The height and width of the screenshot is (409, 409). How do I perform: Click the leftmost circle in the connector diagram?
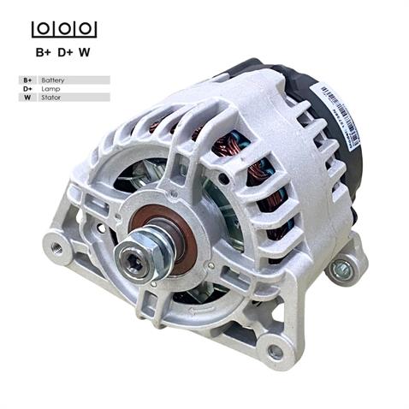[x=43, y=29]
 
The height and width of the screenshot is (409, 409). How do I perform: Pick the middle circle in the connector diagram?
[x=64, y=29]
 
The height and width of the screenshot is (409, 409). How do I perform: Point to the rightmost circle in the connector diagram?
[x=86, y=29]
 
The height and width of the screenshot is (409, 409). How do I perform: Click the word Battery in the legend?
[x=52, y=80]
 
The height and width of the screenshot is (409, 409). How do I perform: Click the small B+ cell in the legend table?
[x=27, y=80]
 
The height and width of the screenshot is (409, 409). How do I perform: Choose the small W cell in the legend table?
[x=27, y=98]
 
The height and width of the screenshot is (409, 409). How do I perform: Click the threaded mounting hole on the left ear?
[x=57, y=247]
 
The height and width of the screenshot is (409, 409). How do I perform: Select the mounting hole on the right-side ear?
[x=342, y=270]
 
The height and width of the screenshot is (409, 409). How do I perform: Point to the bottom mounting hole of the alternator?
[x=275, y=351]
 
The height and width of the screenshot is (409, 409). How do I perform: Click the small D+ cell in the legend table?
[x=27, y=88]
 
